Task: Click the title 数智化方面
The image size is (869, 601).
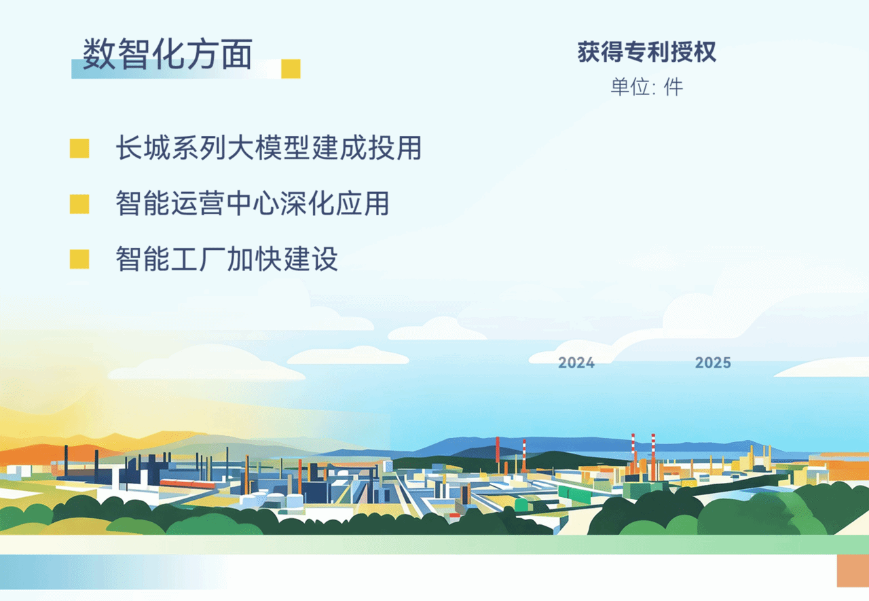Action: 168,54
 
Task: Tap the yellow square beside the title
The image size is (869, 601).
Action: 291,69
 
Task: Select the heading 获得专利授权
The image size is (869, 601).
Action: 647,52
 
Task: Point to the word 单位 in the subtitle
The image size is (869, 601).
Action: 630,87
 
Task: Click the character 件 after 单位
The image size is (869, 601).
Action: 673,87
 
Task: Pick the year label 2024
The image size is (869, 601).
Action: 576,363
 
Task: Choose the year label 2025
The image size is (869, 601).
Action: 713,363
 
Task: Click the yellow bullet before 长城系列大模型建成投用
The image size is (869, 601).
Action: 79,149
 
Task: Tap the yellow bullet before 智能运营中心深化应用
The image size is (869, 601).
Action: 79,204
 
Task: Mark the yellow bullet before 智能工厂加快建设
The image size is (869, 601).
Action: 79,259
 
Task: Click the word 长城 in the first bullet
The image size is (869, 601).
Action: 143,148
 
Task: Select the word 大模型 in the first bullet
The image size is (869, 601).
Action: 268,148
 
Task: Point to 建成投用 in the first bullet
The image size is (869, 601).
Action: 367,148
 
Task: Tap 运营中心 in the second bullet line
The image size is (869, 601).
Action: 225,203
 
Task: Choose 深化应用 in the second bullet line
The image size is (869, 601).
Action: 335,203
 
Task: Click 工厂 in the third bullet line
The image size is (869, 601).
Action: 198,259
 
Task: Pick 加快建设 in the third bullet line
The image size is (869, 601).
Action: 282,259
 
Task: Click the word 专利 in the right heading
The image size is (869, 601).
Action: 647,52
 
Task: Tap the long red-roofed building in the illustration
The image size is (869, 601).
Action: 188,484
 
